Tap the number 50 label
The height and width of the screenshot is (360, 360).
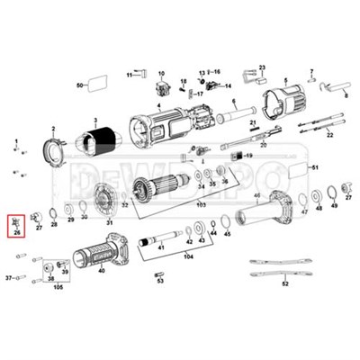(79, 85)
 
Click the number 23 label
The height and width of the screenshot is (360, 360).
(263, 67)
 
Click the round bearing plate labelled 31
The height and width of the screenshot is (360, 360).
(108, 198)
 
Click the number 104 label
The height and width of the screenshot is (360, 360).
(188, 256)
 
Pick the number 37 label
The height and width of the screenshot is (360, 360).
(8, 279)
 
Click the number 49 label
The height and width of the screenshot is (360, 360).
(334, 206)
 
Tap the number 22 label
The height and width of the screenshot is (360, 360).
(329, 134)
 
